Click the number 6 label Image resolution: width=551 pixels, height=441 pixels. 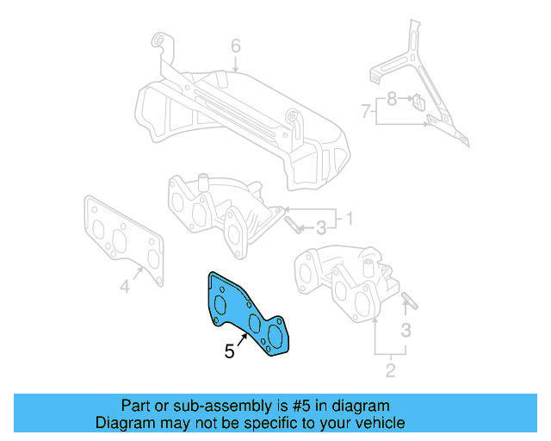click(235, 47)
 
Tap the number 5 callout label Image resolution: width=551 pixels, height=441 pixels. click(229, 351)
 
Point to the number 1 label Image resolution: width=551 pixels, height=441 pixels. click(350, 217)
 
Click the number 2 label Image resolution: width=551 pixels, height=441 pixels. click(390, 370)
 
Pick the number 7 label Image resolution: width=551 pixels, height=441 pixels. click(366, 110)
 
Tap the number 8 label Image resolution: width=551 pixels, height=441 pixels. click(392, 99)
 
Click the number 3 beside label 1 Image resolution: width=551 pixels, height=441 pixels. click(320, 227)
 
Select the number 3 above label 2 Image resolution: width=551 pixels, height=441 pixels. click(406, 330)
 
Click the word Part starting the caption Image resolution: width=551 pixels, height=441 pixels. click(136, 406)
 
